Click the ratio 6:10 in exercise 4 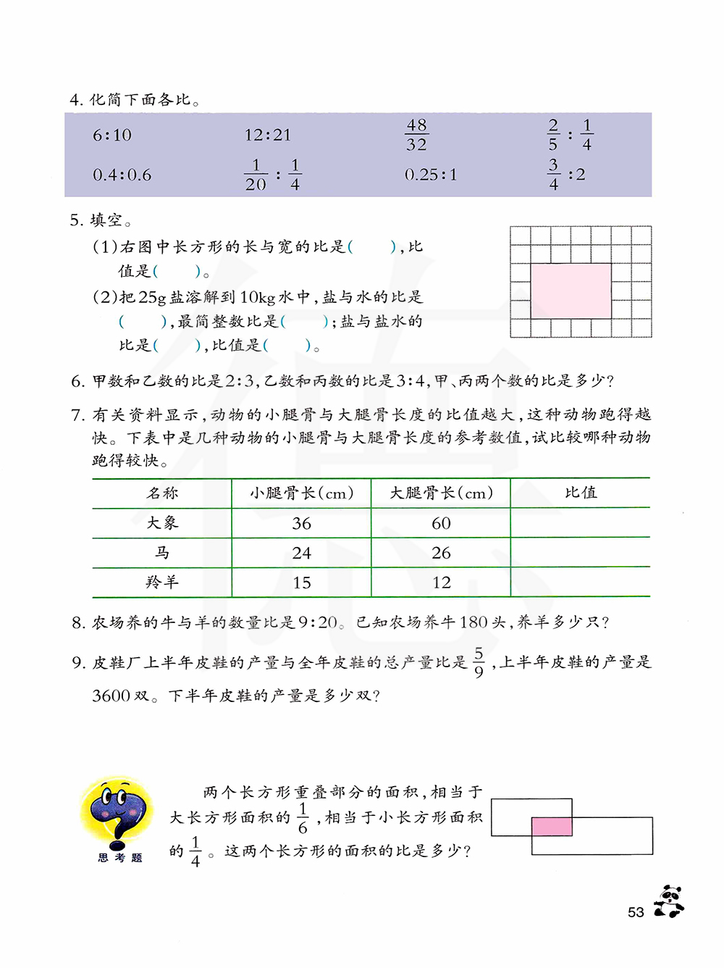pyautogui.click(x=112, y=135)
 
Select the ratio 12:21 pyautogui.click(x=267, y=135)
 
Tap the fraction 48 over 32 pyautogui.click(x=416, y=135)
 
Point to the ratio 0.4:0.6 pyautogui.click(x=122, y=175)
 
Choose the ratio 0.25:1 pyautogui.click(x=431, y=175)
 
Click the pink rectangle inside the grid pyautogui.click(x=571, y=291)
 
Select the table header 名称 pyautogui.click(x=162, y=493)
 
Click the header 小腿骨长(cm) pyautogui.click(x=301, y=493)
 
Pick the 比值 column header pyautogui.click(x=581, y=493)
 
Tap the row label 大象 pyautogui.click(x=162, y=523)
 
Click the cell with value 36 pyautogui.click(x=301, y=524)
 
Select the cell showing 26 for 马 pyautogui.click(x=441, y=554)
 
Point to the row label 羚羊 pyautogui.click(x=162, y=583)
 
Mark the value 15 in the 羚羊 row pyautogui.click(x=301, y=583)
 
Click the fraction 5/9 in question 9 pyautogui.click(x=479, y=663)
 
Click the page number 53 pyautogui.click(x=636, y=912)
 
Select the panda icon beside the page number pyautogui.click(x=669, y=902)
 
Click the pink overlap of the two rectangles pyautogui.click(x=552, y=827)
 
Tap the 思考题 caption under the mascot pyautogui.click(x=120, y=858)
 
